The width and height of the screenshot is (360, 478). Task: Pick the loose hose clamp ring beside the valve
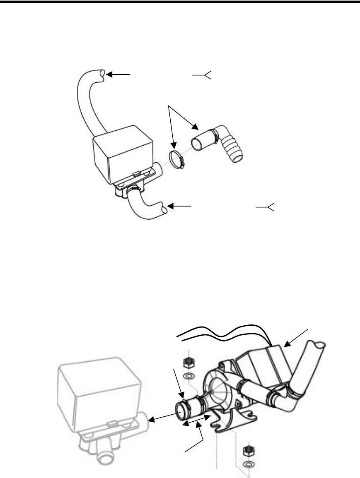click(x=176, y=159)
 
